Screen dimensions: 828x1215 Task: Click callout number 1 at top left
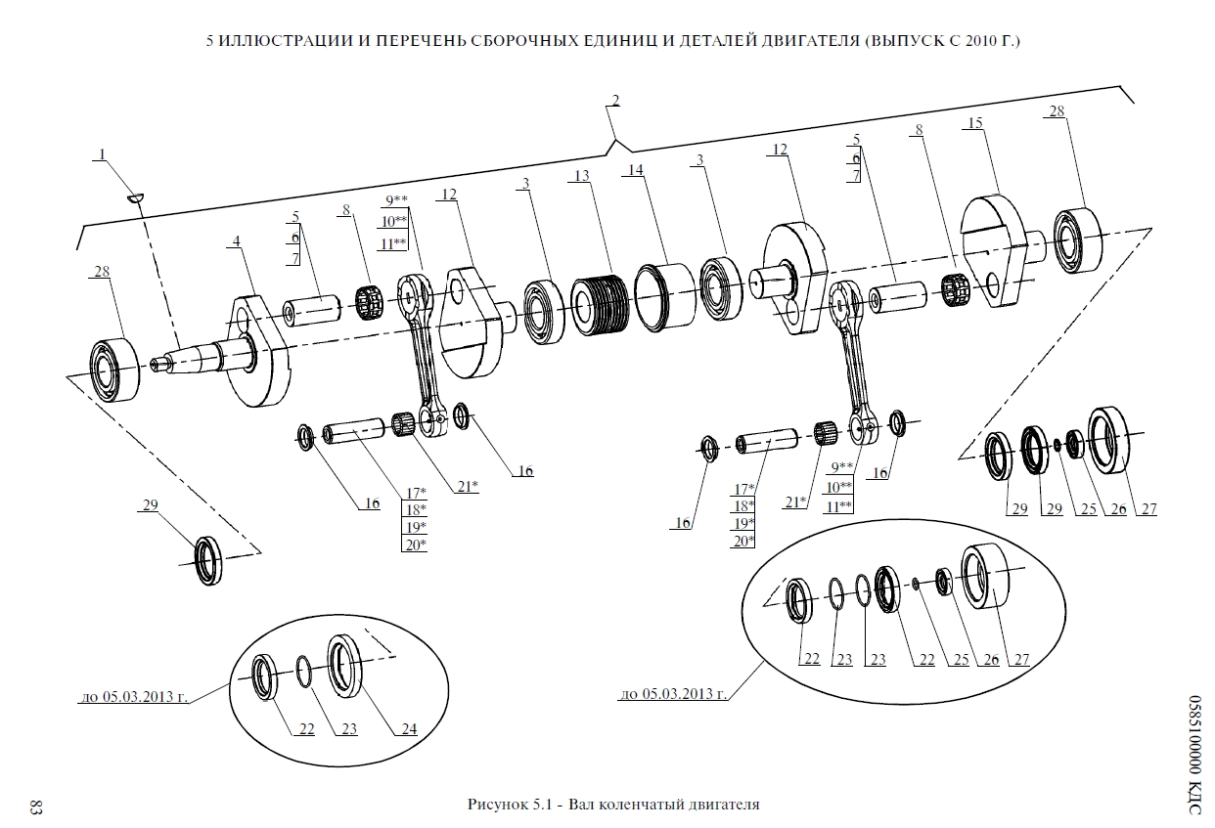101,154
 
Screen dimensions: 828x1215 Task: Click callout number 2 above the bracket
615,100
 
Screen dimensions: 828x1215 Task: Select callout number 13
582,176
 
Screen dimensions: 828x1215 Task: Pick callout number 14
636,170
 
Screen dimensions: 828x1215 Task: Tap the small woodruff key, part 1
135,197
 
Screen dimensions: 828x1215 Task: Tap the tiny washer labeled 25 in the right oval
915,584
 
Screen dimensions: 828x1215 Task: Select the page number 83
35,807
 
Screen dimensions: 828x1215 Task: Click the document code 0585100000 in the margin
1194,724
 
